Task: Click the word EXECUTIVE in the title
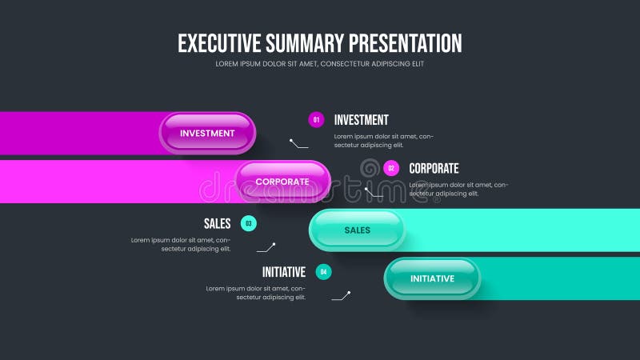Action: click(x=220, y=42)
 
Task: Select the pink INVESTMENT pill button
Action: click(x=207, y=134)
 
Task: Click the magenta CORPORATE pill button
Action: click(x=282, y=182)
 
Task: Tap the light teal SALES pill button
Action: click(x=357, y=230)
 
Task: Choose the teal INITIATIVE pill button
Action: click(x=432, y=278)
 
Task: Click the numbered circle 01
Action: click(x=316, y=120)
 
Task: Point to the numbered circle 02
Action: click(x=391, y=168)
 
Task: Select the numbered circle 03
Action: click(x=249, y=224)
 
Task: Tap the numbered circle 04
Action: click(x=323, y=272)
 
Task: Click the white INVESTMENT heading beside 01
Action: click(x=361, y=120)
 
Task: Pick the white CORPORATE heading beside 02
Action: click(x=434, y=168)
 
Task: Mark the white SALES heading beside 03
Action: click(x=217, y=224)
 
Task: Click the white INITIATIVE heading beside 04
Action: click(x=284, y=272)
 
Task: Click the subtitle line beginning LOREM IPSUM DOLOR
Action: click(x=320, y=64)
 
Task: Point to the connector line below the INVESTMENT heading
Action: click(x=299, y=144)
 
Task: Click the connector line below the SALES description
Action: click(x=266, y=247)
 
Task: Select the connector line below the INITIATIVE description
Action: click(x=341, y=296)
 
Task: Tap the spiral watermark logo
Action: click(x=370, y=170)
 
